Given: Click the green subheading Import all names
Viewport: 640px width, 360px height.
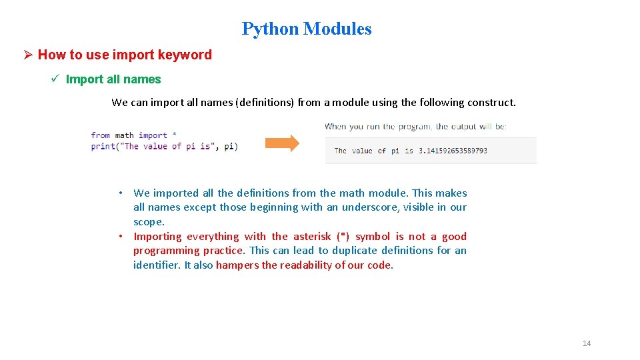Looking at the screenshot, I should [x=113, y=79].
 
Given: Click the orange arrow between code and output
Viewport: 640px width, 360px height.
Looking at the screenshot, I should [x=282, y=143].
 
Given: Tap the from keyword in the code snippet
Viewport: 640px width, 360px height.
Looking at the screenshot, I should [x=101, y=135].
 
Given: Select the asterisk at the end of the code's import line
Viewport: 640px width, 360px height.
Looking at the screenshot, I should [x=175, y=135].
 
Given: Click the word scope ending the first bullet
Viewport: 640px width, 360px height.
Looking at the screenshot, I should [x=148, y=222].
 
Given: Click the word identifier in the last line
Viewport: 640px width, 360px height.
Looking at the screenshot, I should [x=156, y=265].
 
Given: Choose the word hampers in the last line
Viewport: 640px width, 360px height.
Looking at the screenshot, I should [x=237, y=265].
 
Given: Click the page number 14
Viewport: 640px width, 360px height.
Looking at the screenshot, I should [x=587, y=343].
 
